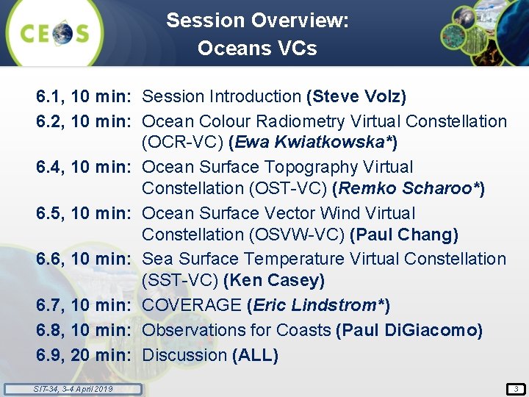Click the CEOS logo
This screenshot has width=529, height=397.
pos(55,34)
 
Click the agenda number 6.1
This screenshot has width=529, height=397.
pos(51,96)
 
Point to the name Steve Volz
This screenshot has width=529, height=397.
pos(357,96)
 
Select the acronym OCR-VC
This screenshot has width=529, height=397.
pos(181,142)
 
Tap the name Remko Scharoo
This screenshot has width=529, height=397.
pos(409,189)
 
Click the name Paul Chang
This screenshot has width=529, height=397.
pos(403,235)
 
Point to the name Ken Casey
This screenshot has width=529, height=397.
pos(273,281)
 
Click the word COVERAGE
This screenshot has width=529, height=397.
pos(192,305)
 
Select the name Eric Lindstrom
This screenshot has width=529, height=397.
pos(318,305)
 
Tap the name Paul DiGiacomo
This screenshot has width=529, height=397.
pos(409,330)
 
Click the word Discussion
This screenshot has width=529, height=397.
pos(184,355)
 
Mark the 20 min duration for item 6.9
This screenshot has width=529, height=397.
pos(101,355)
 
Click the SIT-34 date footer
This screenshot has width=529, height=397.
pos(73,388)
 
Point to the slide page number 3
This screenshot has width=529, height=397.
pos(515,388)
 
